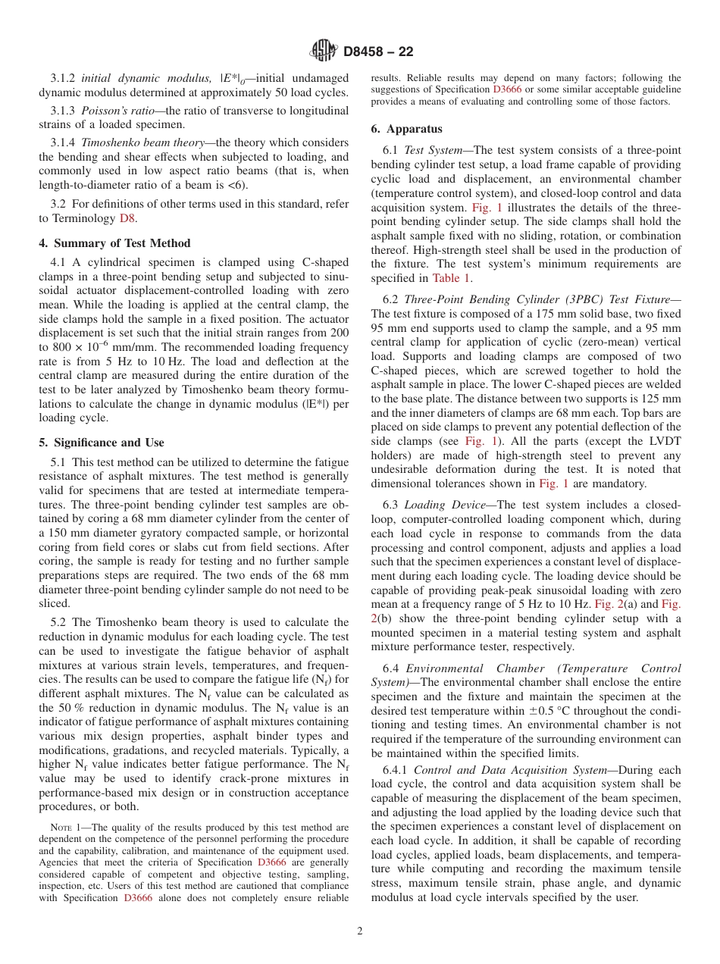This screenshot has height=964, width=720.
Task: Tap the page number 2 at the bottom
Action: [x=360, y=931]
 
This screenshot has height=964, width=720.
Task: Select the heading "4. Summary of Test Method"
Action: [x=114, y=243]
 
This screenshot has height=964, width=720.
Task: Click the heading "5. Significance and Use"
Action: [x=102, y=443]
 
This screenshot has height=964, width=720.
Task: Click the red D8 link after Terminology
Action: [x=128, y=218]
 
